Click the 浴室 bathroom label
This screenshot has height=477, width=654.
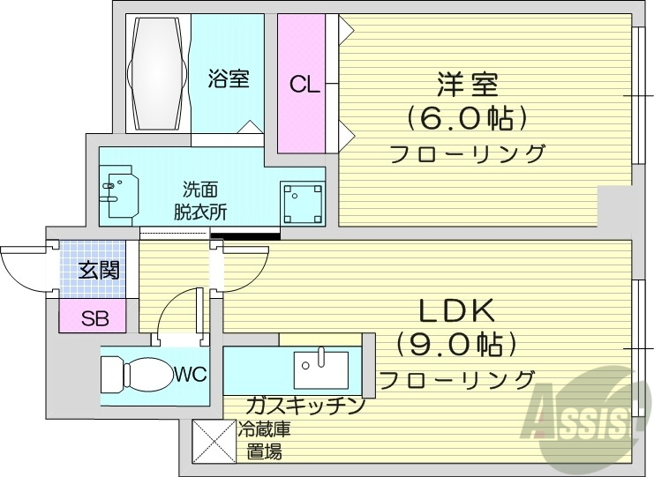229,79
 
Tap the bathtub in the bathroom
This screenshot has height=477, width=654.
158,71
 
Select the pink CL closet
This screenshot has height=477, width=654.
302,84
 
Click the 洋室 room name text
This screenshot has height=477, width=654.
467,86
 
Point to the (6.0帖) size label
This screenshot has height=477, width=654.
467,117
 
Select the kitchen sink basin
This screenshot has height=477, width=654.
321,367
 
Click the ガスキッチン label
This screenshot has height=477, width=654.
304,406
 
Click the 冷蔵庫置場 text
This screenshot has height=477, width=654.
263,442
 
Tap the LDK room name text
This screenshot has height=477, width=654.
455,310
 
